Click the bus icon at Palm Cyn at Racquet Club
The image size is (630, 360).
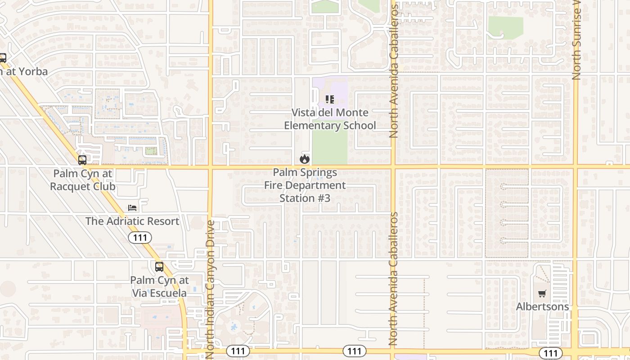point(82,160)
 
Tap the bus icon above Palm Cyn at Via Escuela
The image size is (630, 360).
point(159,266)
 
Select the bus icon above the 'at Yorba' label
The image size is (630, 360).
point(3,58)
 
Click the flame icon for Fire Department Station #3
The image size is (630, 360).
point(305,159)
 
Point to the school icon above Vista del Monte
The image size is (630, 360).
point(330,99)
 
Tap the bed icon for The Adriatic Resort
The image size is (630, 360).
point(132,207)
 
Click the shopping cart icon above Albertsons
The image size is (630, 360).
point(542,293)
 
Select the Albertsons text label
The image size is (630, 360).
point(542,306)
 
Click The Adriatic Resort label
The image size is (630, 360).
point(132,221)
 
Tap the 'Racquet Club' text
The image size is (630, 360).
point(83,186)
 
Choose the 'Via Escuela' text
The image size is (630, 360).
point(159,293)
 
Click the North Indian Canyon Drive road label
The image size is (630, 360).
point(210,288)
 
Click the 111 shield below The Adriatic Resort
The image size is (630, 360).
point(140,238)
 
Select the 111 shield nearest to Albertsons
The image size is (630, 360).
point(550,353)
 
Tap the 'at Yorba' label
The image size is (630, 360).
point(25,71)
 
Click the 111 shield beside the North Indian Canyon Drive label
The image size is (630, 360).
point(238,351)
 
